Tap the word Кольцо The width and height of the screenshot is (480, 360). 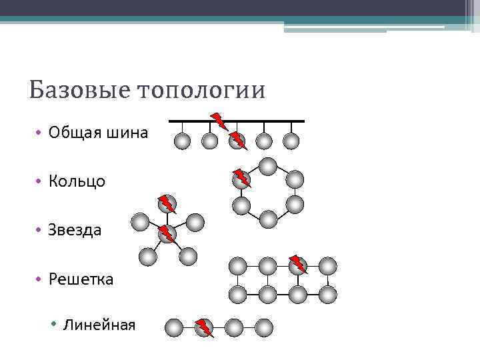coord(77,181)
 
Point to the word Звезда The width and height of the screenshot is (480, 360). coord(75,230)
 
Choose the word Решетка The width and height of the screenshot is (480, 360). coord(81,279)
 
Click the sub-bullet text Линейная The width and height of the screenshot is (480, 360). coord(99,325)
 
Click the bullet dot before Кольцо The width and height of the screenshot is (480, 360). coord(40,181)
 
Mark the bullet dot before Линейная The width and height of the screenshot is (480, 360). coord(55,325)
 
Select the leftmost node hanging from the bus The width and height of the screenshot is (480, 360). coord(182,141)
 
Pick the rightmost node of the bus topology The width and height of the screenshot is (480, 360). coord(291,141)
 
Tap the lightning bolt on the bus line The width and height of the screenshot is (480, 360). coord(218,121)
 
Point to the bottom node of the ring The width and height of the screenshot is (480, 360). coord(267,219)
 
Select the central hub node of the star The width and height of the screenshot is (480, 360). coord(167,234)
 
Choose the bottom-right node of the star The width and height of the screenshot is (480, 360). coord(189,255)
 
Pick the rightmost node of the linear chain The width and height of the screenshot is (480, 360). coord(264,327)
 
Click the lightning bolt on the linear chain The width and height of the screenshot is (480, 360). coord(204,327)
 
